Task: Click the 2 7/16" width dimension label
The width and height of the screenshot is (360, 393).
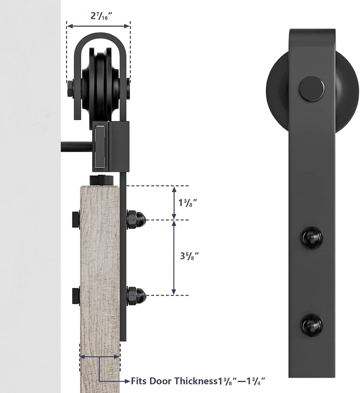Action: pos(101,16)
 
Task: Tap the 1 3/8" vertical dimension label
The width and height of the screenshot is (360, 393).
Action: pos(187,202)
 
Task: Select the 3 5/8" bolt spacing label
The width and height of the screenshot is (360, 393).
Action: pos(189,256)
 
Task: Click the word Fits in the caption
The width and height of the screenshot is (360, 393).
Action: pos(139,381)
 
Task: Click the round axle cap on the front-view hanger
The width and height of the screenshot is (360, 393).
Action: pos(311,89)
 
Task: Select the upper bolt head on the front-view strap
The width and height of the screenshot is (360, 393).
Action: pos(312,237)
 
